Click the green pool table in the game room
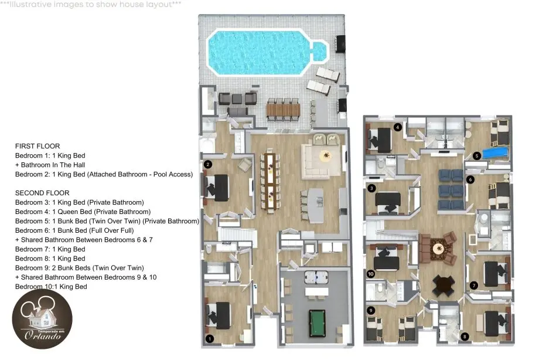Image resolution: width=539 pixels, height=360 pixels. tap(317, 323)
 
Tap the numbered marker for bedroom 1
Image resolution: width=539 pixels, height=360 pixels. tap(210, 339)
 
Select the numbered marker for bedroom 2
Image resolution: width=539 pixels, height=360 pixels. tap(207, 164)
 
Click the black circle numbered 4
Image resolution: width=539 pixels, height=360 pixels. tap(398, 127)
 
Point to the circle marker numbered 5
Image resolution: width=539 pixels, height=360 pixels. tap(476, 156)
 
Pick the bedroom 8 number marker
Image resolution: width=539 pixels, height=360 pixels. tap(465, 336)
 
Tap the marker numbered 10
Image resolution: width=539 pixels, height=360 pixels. tap(370, 274)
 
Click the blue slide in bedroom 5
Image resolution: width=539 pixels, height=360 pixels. tap(495, 152)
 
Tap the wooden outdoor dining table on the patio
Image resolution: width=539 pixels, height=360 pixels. tap(283, 110)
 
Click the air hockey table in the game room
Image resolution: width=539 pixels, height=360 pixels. tap(316, 276)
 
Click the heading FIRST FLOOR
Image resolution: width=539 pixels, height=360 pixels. tap(37, 146)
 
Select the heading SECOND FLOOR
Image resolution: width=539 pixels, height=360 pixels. tap(42, 193)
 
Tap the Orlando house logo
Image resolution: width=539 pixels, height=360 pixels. tap(42, 319)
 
